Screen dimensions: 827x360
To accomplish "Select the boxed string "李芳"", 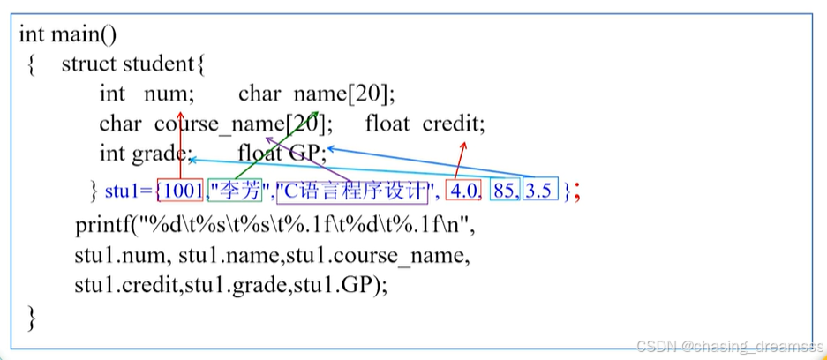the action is [x=237, y=190].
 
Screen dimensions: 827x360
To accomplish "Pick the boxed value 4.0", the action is [x=464, y=190].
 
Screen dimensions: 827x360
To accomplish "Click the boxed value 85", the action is [x=505, y=190].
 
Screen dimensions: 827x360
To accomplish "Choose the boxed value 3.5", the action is [x=539, y=190].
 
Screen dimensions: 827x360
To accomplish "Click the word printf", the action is [x=103, y=225].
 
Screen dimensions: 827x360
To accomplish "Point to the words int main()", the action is [x=68, y=35].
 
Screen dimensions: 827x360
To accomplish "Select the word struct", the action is [x=90, y=64].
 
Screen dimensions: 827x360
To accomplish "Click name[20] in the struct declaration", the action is [x=345, y=94].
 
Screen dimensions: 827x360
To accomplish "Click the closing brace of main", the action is [x=32, y=317].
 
